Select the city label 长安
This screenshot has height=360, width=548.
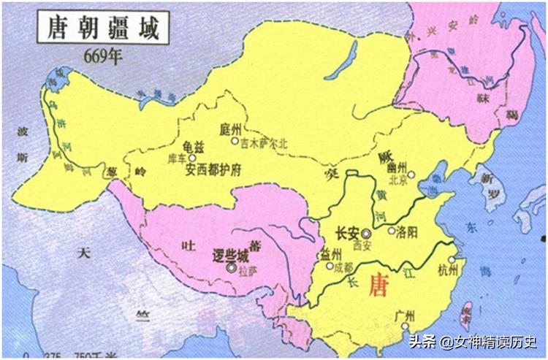(x=346, y=234)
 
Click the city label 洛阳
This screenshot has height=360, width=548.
(x=406, y=234)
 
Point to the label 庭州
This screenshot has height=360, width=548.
(x=229, y=129)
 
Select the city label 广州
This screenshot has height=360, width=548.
(x=405, y=315)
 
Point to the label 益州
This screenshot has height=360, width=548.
(x=330, y=254)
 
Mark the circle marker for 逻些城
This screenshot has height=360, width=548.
(x=232, y=269)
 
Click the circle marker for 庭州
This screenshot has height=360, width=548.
(x=235, y=141)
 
